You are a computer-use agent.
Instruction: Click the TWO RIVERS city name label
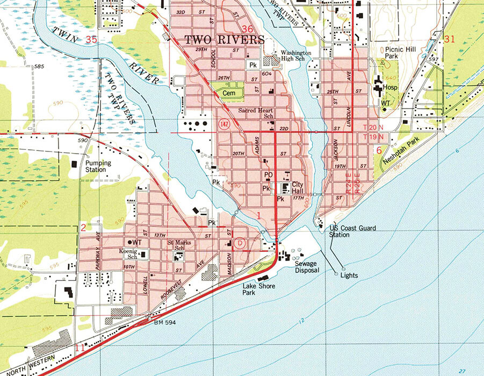225,40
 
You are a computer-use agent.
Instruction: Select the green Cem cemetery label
228,93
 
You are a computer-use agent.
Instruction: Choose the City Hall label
298,187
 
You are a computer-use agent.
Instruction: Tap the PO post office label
269,175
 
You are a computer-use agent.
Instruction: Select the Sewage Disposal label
307,267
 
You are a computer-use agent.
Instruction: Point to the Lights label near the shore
349,276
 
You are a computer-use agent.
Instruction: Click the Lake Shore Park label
259,290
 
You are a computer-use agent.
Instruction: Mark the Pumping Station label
98,166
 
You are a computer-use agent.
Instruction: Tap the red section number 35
91,39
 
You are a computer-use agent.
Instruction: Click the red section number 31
450,39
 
